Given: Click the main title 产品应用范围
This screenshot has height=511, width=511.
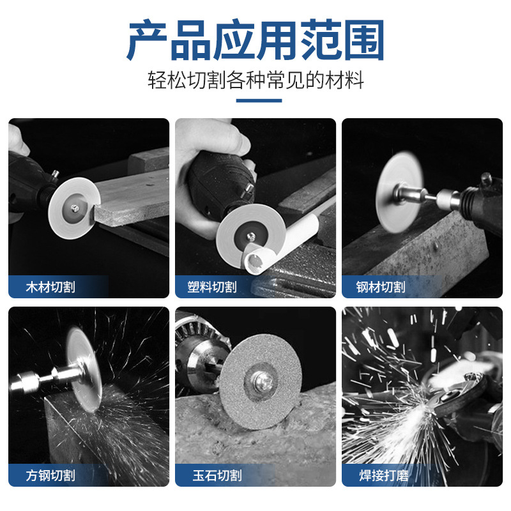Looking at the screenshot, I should pos(256,40).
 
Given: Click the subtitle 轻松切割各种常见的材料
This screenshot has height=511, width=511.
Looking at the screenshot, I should pos(256,81).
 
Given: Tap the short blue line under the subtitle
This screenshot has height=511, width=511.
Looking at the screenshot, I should pos(256,100).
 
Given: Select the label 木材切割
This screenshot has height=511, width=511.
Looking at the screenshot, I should pos(51,287).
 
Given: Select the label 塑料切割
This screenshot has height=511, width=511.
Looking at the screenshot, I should pos(215,287).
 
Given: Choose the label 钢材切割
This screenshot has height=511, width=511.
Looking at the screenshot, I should pos(381,287).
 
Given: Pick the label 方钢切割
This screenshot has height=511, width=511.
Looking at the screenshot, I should pos(51,475).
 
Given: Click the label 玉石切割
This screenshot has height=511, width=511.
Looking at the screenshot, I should pos(215,475).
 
